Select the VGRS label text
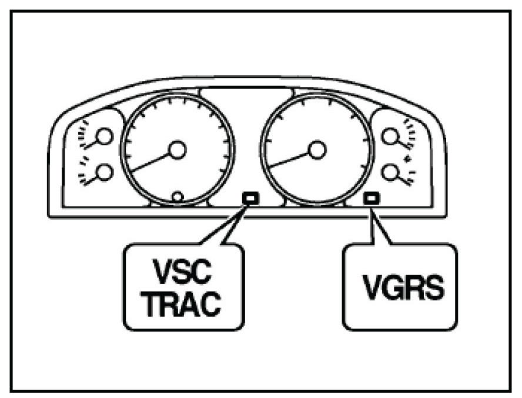coord(400,289)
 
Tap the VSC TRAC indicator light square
coord(250,198)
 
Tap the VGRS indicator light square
coord(371,198)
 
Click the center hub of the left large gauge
coord(176,150)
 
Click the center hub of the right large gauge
coord(317,150)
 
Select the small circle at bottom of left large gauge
coord(177,196)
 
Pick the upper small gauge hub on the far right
coord(390,137)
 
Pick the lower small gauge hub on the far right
coord(390,172)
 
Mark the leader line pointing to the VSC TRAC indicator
coord(226,226)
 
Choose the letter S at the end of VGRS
coord(433,289)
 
